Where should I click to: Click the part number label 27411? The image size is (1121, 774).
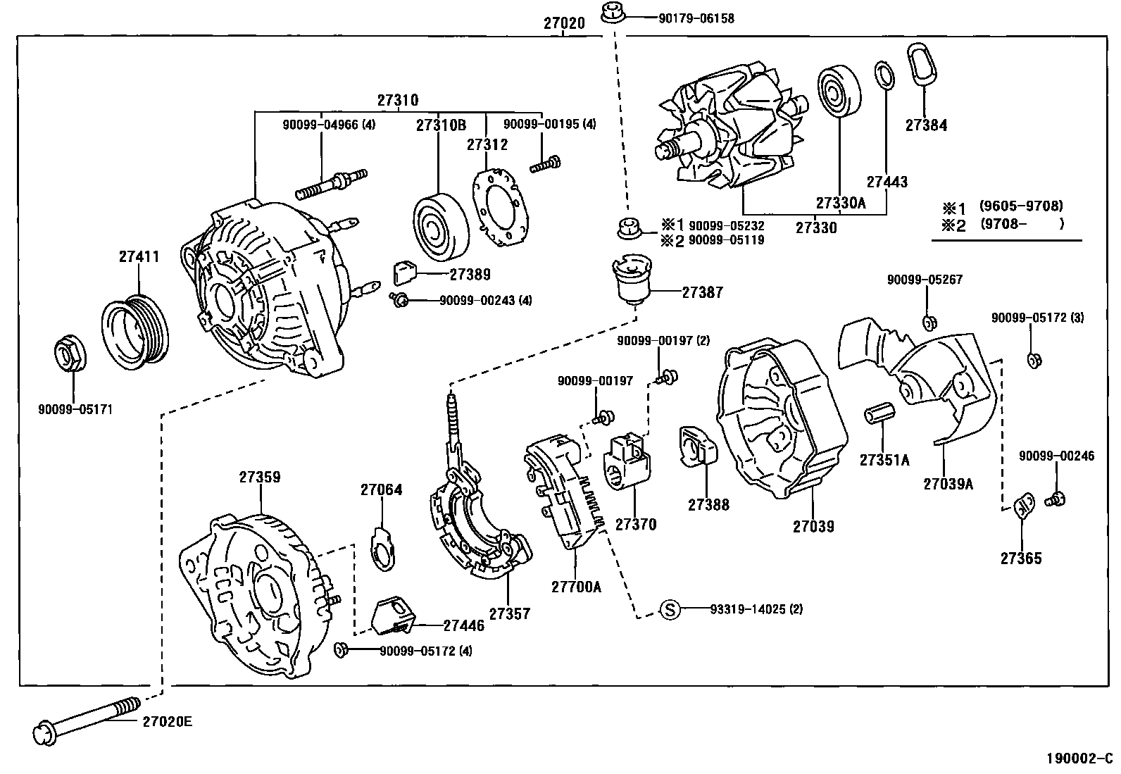pyautogui.click(x=139, y=256)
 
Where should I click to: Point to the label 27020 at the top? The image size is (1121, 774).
pyautogui.click(x=563, y=23)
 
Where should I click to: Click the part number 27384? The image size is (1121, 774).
pyautogui.click(x=926, y=126)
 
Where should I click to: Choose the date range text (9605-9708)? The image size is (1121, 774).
pyautogui.click(x=1021, y=206)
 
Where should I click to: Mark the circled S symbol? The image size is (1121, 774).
pyautogui.click(x=670, y=609)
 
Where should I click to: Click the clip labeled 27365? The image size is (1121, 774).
pyautogui.click(x=1022, y=507)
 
